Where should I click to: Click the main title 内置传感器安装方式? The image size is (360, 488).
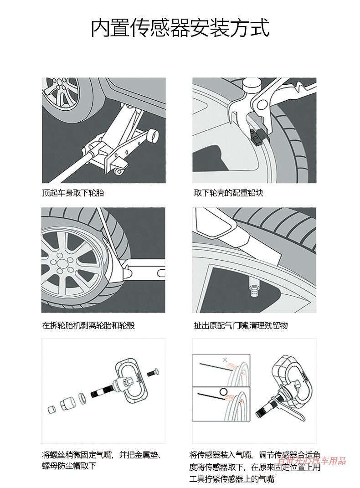180,28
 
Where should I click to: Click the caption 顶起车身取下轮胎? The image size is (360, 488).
73,193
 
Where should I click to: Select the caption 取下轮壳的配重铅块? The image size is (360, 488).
228,193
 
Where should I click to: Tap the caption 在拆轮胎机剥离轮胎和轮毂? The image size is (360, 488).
88,325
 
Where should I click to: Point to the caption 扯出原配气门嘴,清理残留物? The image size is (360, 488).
241,325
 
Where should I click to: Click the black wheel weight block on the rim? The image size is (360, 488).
261,136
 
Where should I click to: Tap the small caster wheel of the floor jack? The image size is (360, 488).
119,172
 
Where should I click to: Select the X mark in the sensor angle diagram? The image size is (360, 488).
224,360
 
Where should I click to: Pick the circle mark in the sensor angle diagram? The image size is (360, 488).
223,390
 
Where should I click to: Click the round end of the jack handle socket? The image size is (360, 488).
154,135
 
